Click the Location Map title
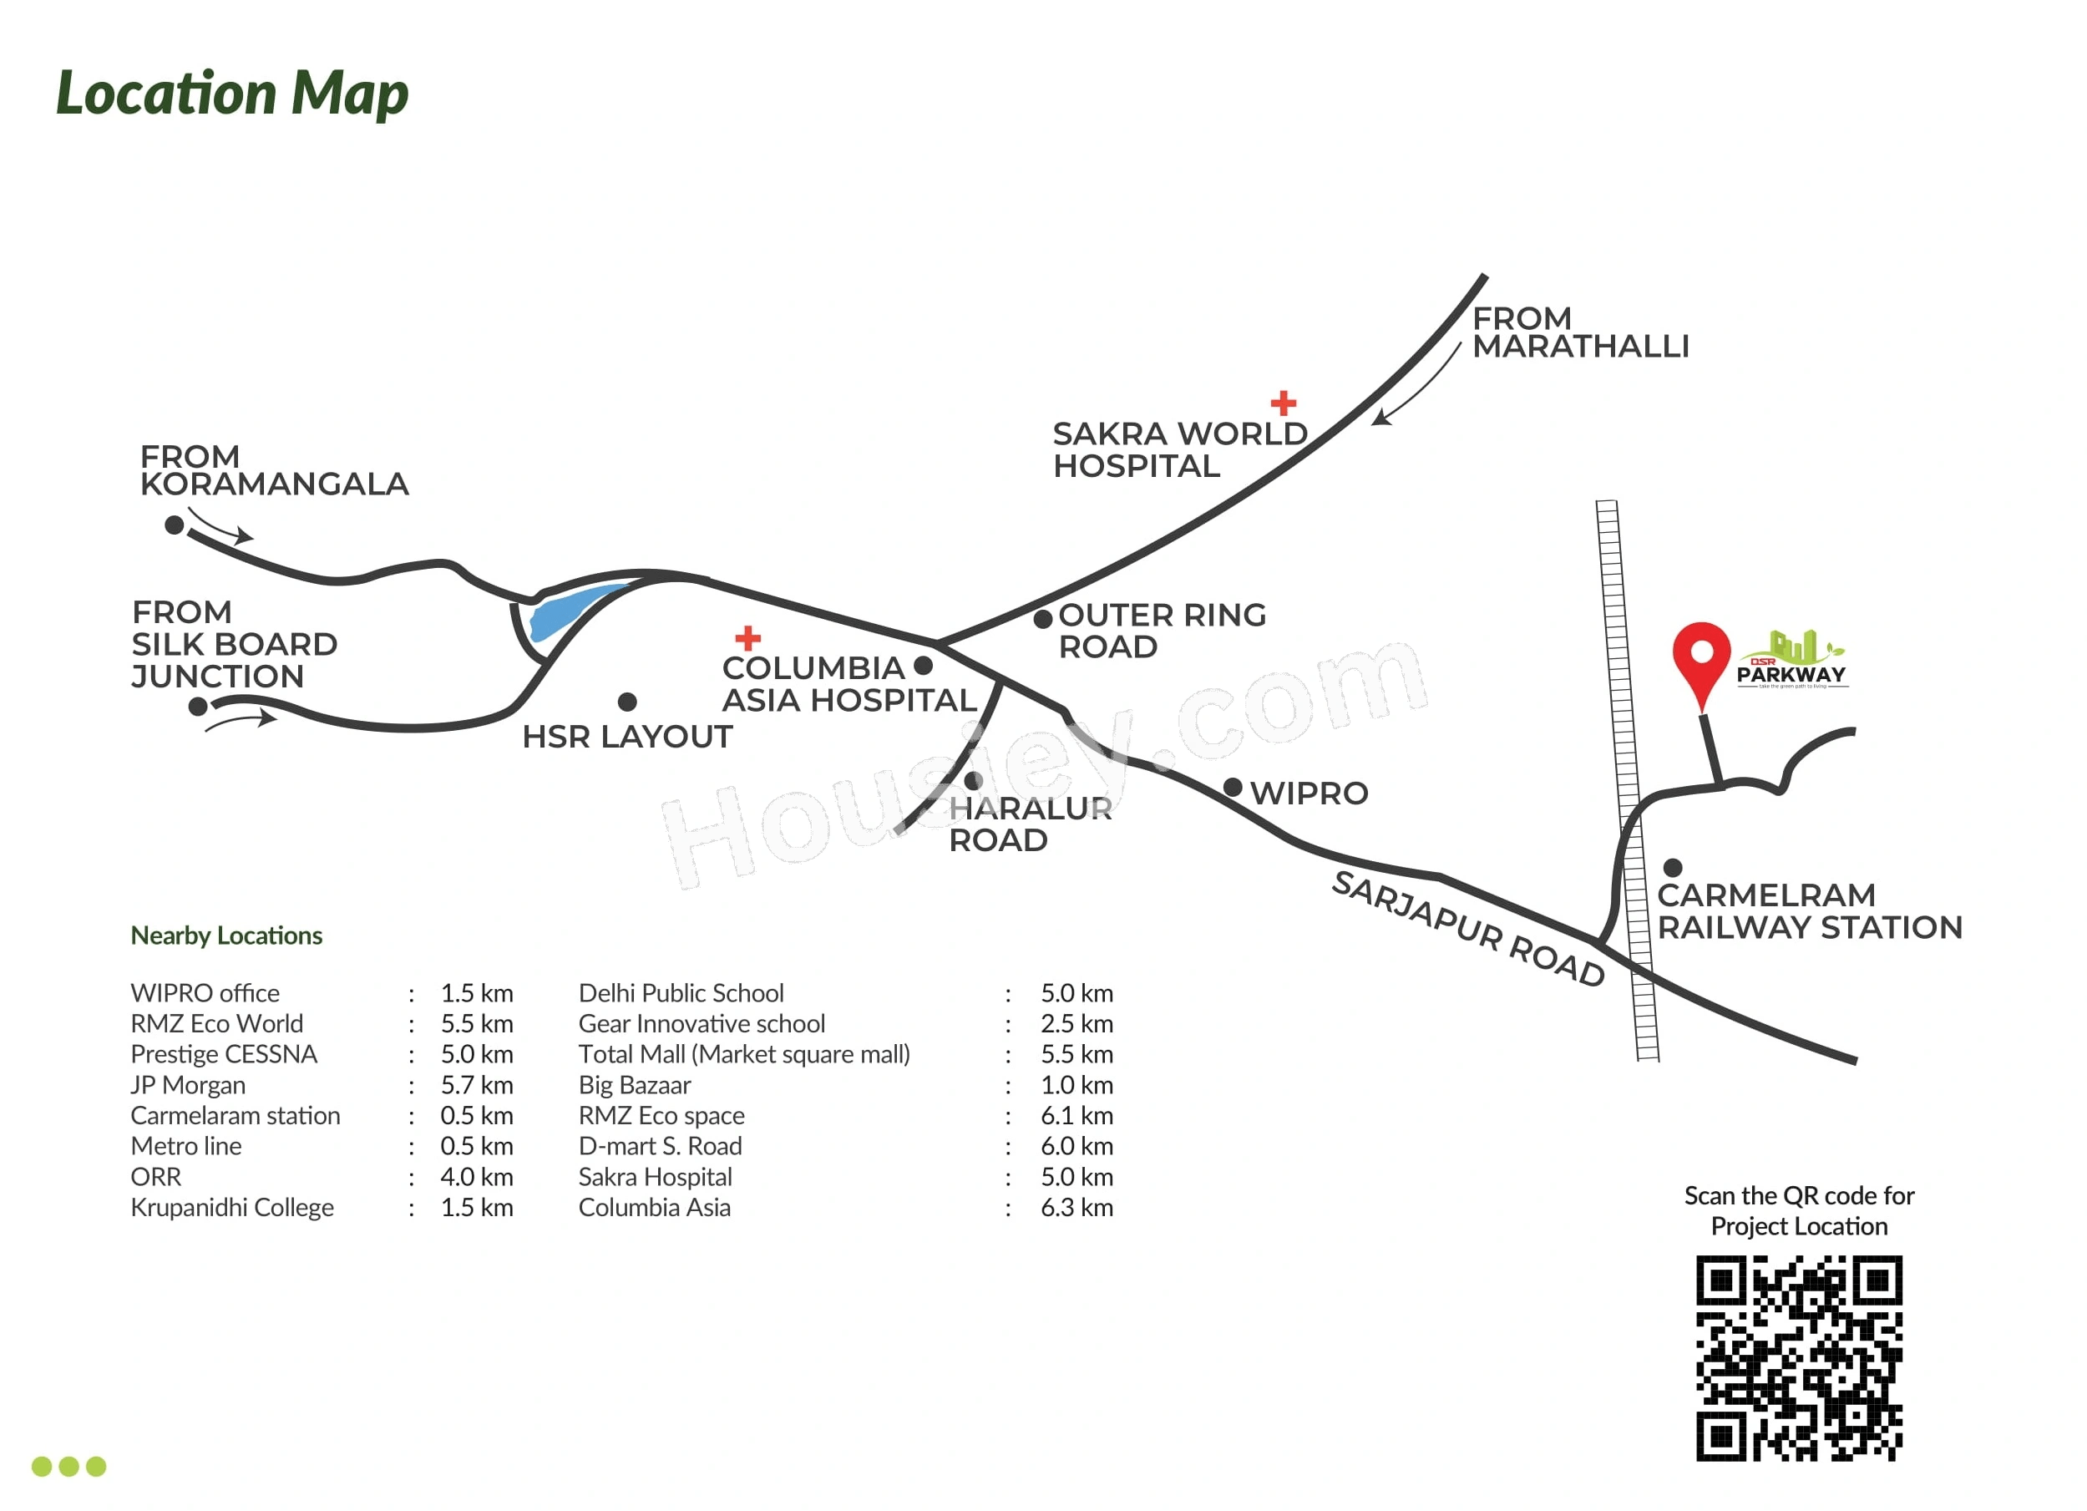pos(232,94)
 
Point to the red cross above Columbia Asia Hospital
pos(748,637)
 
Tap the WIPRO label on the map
pos(1309,794)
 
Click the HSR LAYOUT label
pos(627,737)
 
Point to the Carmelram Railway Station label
pos(1810,911)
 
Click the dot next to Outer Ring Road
pos(1042,619)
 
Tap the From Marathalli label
pos(1581,332)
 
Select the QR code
pos(1799,1358)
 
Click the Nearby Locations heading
pos(226,936)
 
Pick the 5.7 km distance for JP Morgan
pos(477,1085)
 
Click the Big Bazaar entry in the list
pos(634,1085)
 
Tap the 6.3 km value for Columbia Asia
pos(1076,1207)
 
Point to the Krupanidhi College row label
pos(232,1207)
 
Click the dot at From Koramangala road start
pos(174,525)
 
